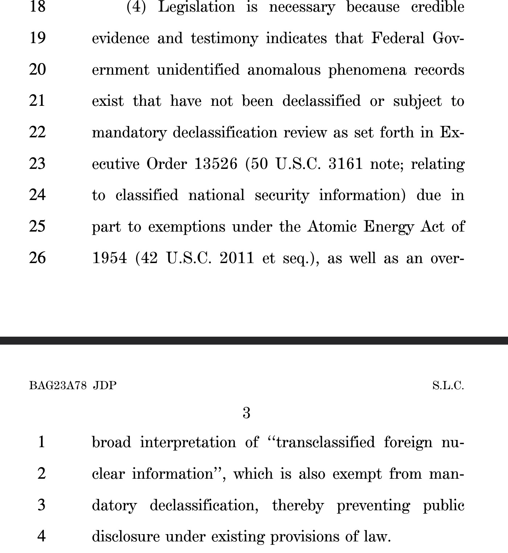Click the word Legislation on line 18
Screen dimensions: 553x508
pyautogui.click(x=196, y=7)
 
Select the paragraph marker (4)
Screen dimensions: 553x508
pyautogui.click(x=136, y=7)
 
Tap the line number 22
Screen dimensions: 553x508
pyautogui.click(x=37, y=132)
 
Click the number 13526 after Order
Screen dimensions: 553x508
pyautogui.click(x=216, y=164)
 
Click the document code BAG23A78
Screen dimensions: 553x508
pyautogui.click(x=58, y=385)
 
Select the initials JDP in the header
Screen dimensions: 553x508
pyautogui.click(x=105, y=385)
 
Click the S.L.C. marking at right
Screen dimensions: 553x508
pyautogui.click(x=448, y=385)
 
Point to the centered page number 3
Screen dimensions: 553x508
pyautogui.click(x=246, y=413)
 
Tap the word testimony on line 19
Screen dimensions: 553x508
pyautogui.click(x=225, y=39)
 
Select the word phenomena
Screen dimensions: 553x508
pyautogui.click(x=367, y=70)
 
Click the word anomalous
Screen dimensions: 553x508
pyautogui.click(x=284, y=70)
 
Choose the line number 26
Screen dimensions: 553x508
pyautogui.click(x=37, y=258)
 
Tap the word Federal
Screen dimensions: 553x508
pyautogui.click(x=397, y=39)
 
